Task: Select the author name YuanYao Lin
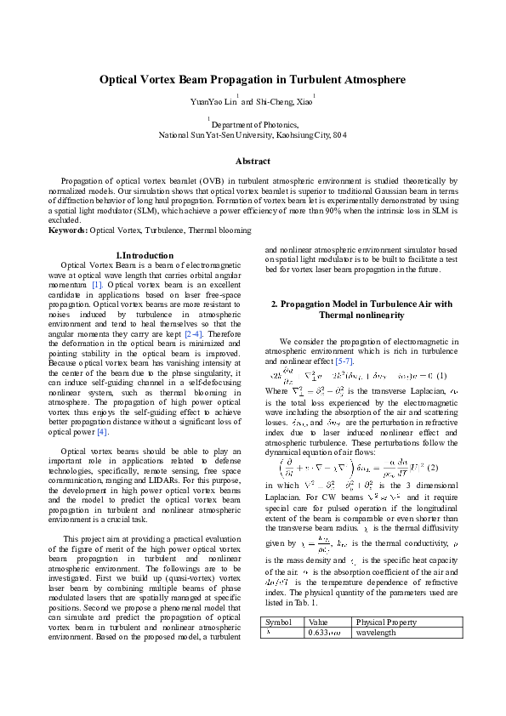(213, 102)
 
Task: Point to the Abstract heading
(253, 161)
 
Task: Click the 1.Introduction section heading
(144, 255)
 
